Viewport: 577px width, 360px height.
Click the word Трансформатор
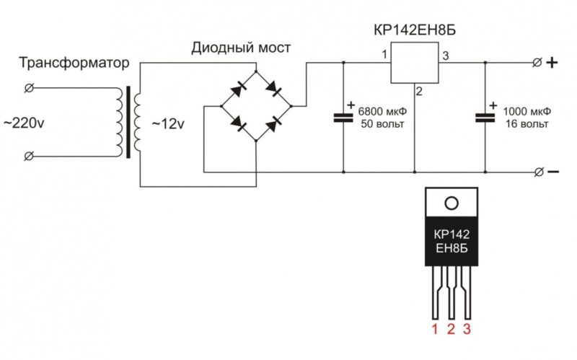(x=74, y=64)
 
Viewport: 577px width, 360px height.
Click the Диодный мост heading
(x=241, y=48)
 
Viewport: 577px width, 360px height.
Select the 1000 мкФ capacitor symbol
(x=485, y=117)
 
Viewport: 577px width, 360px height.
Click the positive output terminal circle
(x=536, y=63)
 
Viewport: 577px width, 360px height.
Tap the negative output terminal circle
(x=536, y=172)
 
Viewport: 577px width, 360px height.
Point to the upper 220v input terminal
(x=30, y=88)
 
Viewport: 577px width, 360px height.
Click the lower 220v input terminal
(x=30, y=155)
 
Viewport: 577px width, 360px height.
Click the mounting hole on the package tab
(x=451, y=202)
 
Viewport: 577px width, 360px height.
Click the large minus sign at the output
(x=553, y=172)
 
